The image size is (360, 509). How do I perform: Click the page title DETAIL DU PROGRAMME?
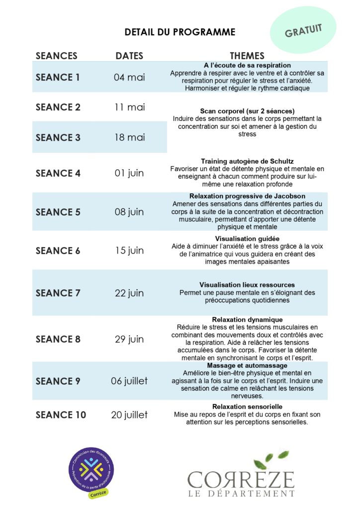tap(180, 32)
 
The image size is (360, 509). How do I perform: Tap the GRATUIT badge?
tap(303, 31)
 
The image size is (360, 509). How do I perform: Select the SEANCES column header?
tap(57, 56)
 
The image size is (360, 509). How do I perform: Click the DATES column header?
tap(129, 56)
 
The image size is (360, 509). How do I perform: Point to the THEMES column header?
tap(247, 56)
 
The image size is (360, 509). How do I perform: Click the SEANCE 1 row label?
tap(58, 78)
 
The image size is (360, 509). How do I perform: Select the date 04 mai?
tap(129, 78)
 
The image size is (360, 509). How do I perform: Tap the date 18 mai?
tap(130, 138)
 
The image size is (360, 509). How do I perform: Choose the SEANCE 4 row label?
tap(58, 173)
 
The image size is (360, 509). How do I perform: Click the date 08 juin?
tap(129, 212)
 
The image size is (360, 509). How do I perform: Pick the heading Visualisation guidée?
tap(247, 239)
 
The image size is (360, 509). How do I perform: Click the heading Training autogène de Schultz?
tap(247, 162)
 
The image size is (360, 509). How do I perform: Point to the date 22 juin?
tap(129, 293)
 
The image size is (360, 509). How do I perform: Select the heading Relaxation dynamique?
tap(247, 320)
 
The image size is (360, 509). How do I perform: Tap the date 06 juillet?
tap(129, 381)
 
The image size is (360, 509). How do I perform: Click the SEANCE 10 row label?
tap(61, 415)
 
